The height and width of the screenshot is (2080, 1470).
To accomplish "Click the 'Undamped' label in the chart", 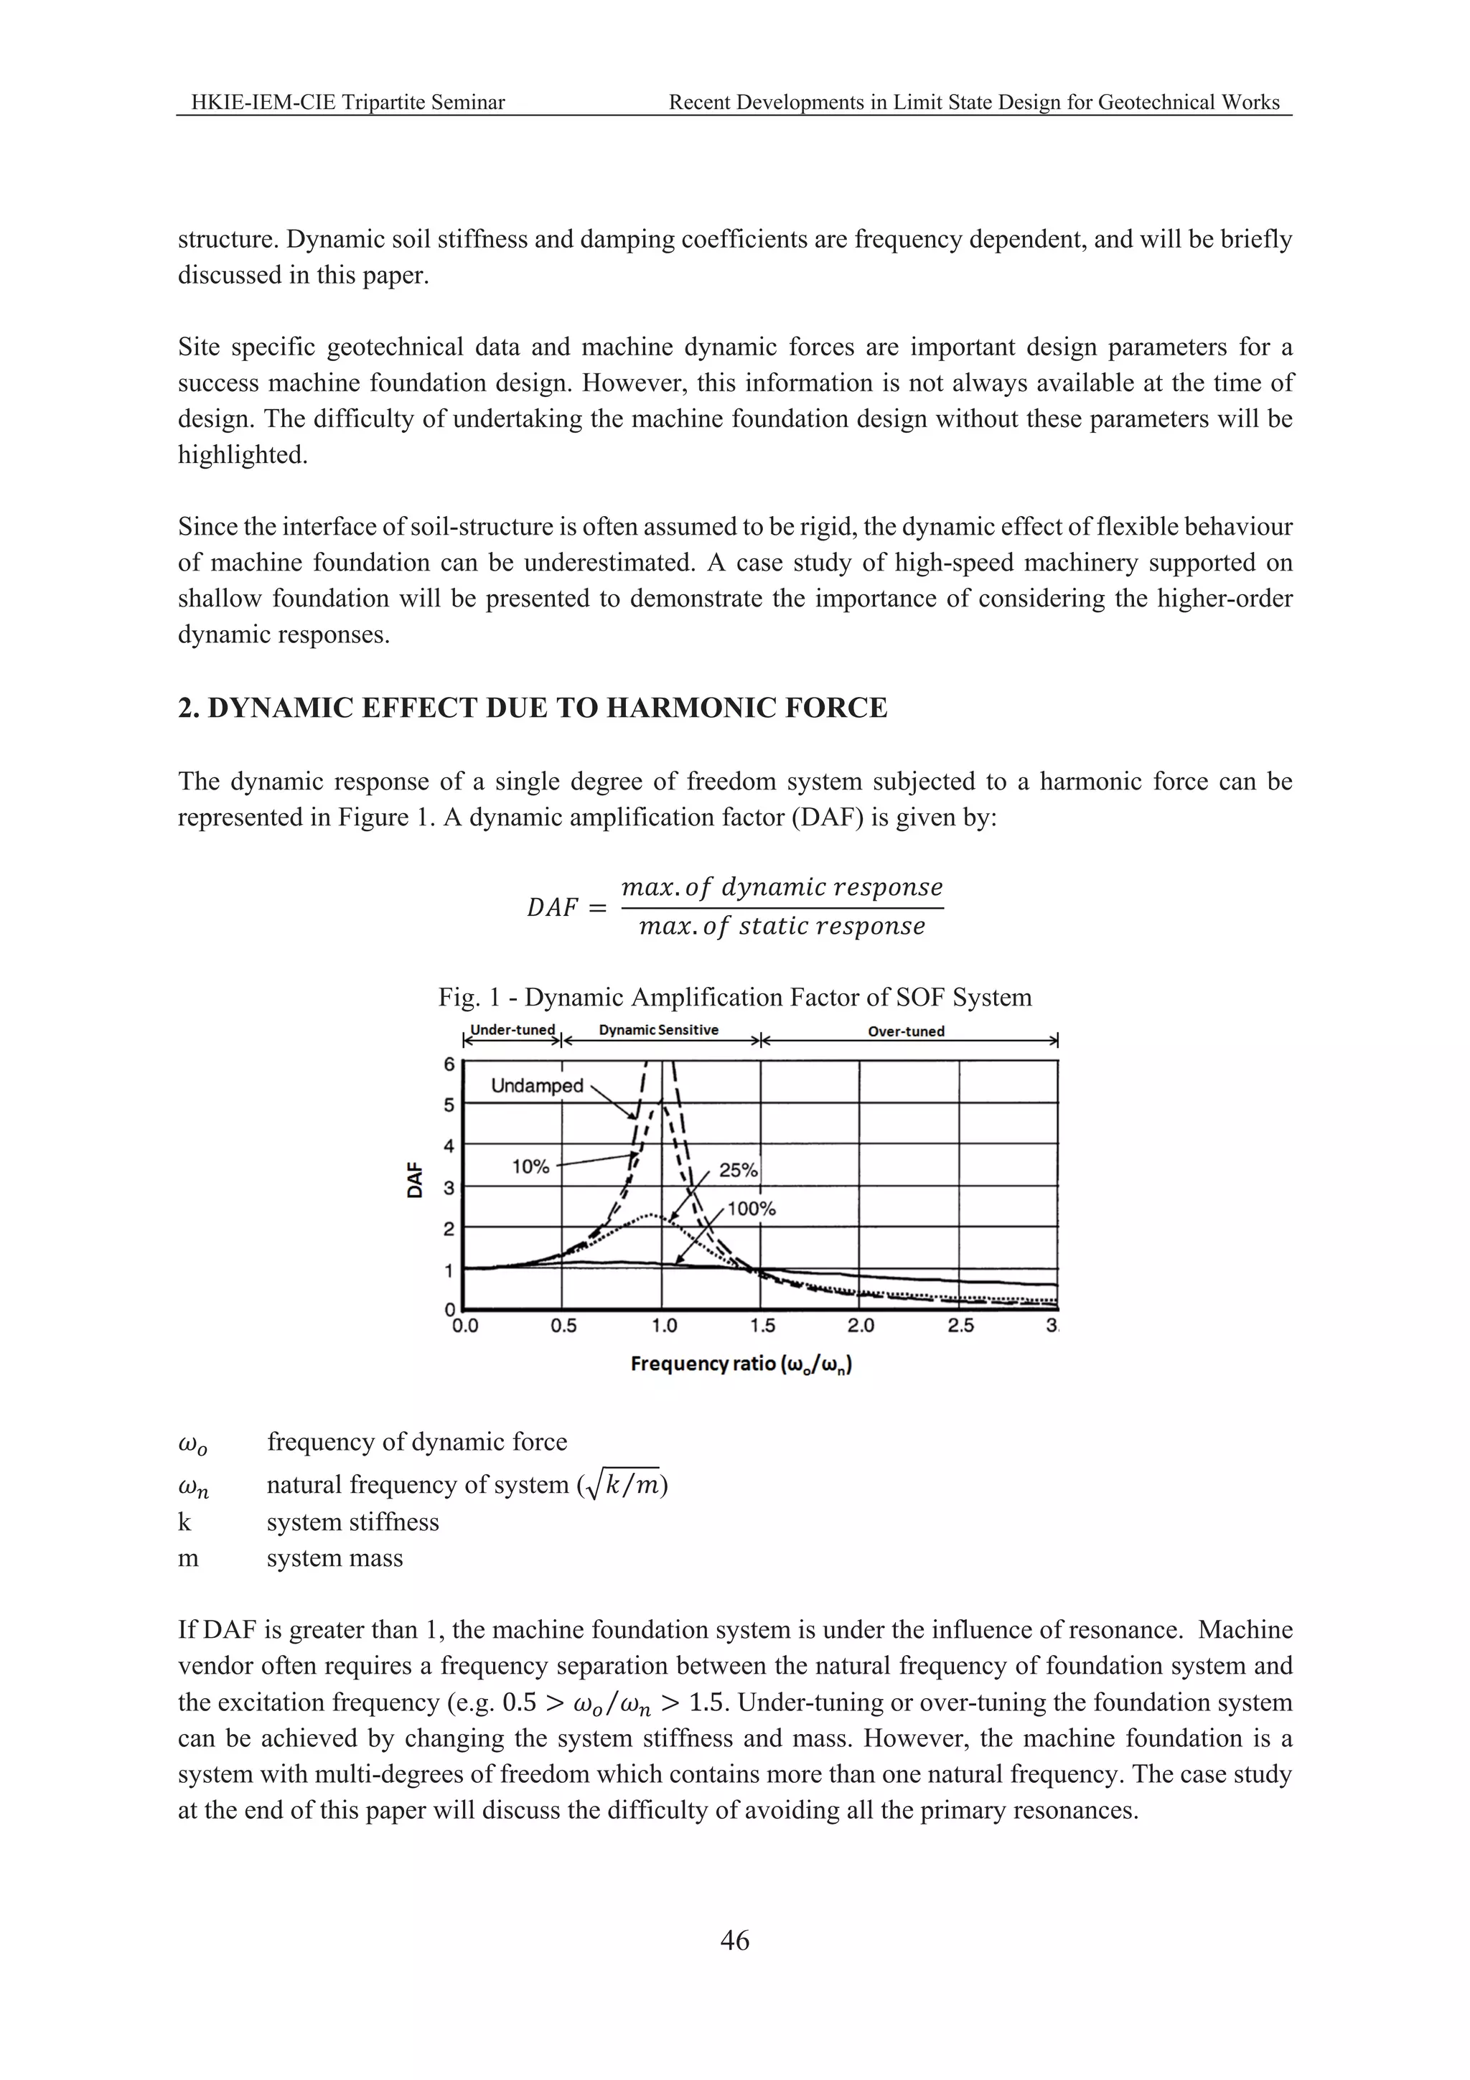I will [x=536, y=1085].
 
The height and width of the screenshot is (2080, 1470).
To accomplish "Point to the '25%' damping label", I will [x=738, y=1169].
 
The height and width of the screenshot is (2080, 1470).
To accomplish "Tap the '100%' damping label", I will [x=752, y=1209].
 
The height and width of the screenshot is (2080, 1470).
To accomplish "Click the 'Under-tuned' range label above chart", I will [x=512, y=1030].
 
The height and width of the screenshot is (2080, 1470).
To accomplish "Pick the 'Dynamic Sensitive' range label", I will [x=658, y=1030].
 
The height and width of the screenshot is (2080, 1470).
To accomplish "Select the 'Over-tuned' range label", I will [x=906, y=1031].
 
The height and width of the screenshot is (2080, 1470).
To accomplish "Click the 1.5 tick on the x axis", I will [x=762, y=1326].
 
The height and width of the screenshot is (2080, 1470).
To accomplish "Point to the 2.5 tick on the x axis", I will [x=961, y=1326].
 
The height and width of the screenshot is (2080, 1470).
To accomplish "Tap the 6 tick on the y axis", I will [x=449, y=1064].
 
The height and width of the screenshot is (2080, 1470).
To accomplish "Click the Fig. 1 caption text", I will [x=734, y=998].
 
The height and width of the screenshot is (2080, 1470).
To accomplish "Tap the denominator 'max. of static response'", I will [x=782, y=927].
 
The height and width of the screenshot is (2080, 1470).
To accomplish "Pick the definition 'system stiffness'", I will [x=352, y=1522].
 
